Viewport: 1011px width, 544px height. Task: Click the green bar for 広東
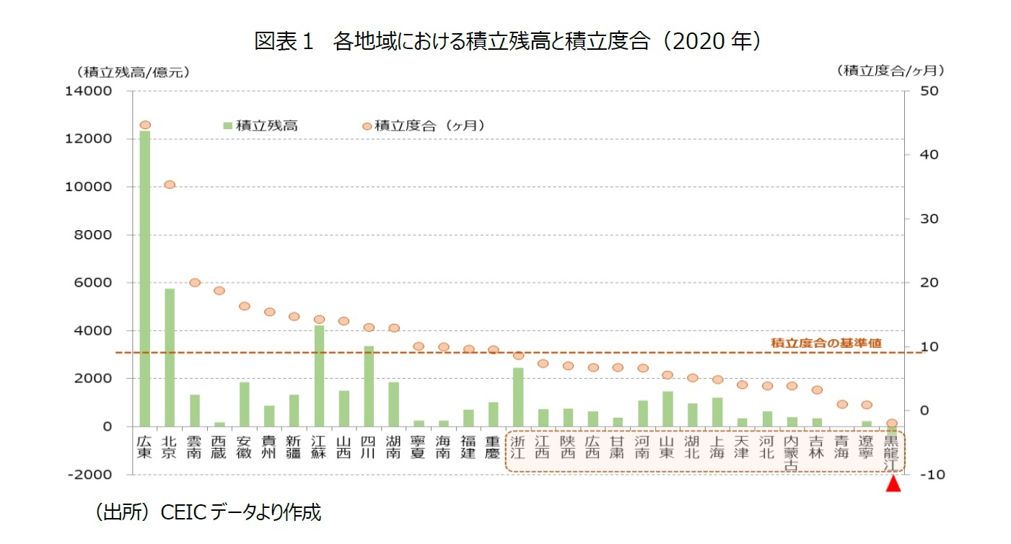(x=144, y=278)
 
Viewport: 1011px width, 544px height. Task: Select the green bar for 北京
(x=170, y=357)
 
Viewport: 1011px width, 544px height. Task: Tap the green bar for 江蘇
(x=319, y=375)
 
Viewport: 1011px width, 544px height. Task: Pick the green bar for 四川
(x=369, y=386)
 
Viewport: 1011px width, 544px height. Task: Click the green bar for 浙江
(x=518, y=397)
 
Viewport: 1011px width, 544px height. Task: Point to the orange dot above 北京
(x=170, y=185)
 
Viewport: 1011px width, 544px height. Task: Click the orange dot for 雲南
(x=195, y=282)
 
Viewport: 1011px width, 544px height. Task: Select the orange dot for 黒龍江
(x=892, y=424)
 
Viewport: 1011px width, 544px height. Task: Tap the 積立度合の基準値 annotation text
(x=826, y=343)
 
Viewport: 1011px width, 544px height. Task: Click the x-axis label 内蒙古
(x=792, y=452)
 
